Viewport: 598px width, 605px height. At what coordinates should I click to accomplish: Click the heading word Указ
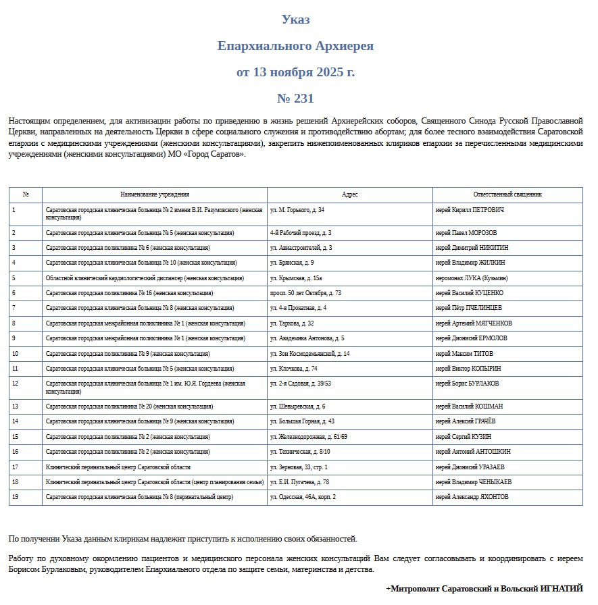tap(295, 20)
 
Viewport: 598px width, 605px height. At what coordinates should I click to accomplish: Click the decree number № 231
tap(295, 99)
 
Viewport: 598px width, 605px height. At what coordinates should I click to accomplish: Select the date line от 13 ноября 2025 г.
tap(295, 72)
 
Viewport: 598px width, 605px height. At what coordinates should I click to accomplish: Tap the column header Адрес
tap(349, 194)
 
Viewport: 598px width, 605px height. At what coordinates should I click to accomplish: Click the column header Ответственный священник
tap(507, 194)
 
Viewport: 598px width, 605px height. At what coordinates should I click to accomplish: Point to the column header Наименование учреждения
tap(155, 194)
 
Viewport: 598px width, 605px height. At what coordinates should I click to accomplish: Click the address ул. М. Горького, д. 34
tap(297, 210)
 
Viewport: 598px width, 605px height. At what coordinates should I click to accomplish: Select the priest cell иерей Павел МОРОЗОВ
tap(466, 233)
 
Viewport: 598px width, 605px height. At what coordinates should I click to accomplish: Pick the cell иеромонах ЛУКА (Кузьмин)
tap(472, 278)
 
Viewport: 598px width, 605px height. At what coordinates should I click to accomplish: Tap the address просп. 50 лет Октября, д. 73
tap(305, 293)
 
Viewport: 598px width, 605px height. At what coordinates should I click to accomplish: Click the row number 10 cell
tap(15, 354)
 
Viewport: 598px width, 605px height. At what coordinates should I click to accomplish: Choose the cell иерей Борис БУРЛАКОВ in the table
tap(468, 384)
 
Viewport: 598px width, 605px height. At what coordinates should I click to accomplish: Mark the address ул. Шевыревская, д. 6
tap(297, 406)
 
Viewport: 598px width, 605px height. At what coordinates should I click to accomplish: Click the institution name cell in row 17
tap(118, 467)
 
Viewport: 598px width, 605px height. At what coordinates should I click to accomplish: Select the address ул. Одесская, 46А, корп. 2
tap(303, 497)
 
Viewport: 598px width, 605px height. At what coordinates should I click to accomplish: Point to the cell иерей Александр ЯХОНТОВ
tap(472, 497)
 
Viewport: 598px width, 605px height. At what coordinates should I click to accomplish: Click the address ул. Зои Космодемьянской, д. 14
tap(309, 354)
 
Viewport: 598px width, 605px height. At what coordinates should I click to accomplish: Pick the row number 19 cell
tap(15, 497)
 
